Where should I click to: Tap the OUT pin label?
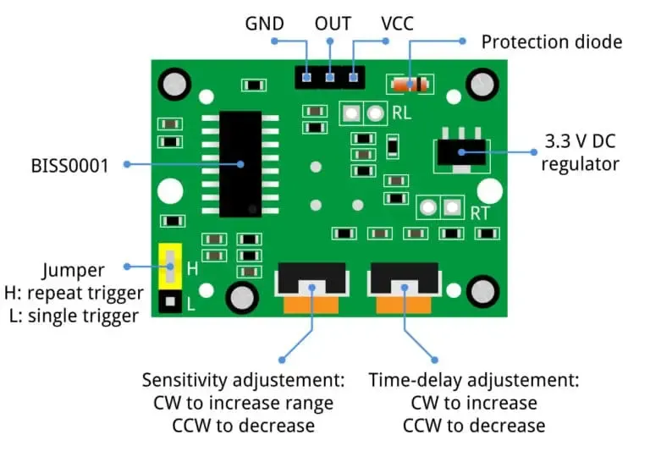tap(333, 23)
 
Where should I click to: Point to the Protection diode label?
tap(551, 41)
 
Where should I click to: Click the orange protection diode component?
tap(410, 84)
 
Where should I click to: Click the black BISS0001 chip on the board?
tap(240, 163)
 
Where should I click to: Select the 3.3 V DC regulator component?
tap(460, 151)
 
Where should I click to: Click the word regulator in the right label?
tap(580, 164)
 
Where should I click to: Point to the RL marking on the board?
tap(401, 113)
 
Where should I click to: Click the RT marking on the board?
tap(480, 213)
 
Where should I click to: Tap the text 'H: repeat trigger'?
tap(73, 294)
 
